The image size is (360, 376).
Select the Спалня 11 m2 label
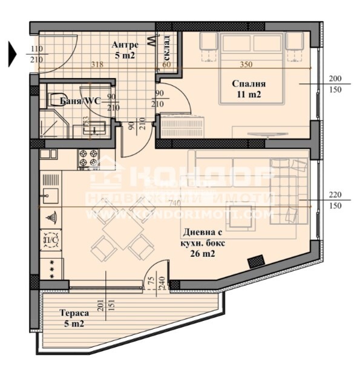coord(249,89)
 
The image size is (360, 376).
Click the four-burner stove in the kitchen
coord(88,158)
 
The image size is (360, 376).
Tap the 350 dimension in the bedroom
coord(245,65)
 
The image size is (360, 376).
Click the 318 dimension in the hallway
coord(95,65)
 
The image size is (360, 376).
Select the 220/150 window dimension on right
coord(335,200)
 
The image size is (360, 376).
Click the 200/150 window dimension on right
coord(335,84)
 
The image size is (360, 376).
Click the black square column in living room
coord(257,261)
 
